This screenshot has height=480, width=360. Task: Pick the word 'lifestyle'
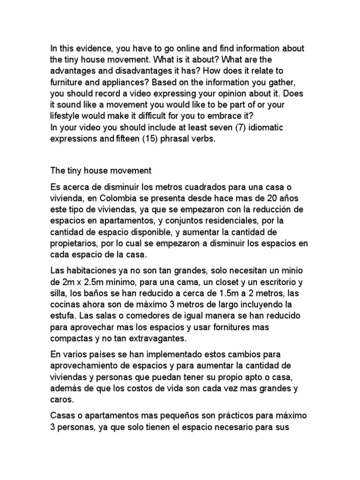66,116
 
